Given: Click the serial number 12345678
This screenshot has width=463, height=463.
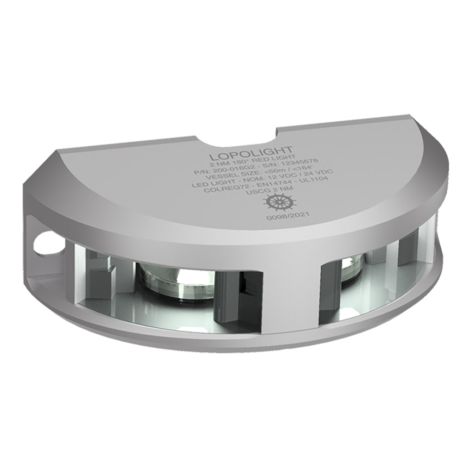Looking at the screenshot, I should (297, 166).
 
